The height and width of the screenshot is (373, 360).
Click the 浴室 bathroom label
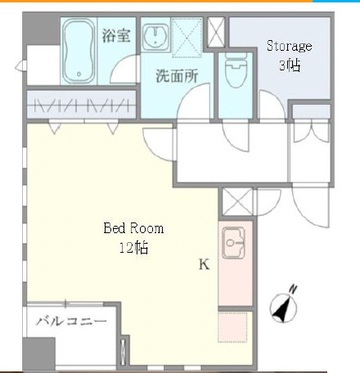tap(115, 35)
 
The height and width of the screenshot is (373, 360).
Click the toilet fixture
tap(235, 73)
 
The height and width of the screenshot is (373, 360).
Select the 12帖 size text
tap(134, 247)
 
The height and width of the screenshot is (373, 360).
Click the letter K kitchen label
tap(205, 264)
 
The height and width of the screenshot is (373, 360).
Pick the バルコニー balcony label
tap(72, 321)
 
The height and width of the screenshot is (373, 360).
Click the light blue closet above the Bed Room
tap(81, 104)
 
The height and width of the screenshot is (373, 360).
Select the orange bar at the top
tap(155, 2)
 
